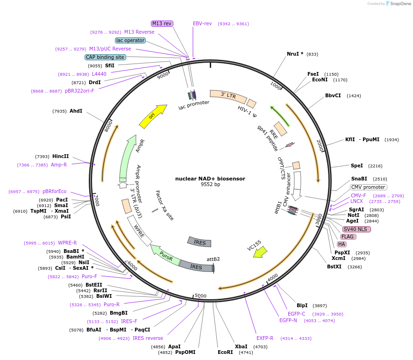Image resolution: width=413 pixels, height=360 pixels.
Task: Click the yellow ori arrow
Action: (x=153, y=115)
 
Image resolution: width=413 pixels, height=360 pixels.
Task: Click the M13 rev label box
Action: (x=162, y=23)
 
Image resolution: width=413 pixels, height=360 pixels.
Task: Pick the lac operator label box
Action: (x=130, y=40)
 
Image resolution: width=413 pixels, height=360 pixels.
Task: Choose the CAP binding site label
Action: (x=105, y=57)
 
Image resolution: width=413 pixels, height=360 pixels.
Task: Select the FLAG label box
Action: (x=348, y=237)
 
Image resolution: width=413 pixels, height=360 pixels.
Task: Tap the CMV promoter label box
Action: (x=368, y=187)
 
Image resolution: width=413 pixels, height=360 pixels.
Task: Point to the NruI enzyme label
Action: (x=295, y=54)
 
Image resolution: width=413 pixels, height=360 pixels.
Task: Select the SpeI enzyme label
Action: (x=356, y=166)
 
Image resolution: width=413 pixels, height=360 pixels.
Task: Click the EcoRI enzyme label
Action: (x=225, y=352)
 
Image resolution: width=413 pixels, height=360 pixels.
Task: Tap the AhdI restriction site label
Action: (x=76, y=111)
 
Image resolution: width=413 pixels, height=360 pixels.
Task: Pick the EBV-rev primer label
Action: (x=202, y=23)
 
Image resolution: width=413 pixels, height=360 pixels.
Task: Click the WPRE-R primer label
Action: (x=67, y=243)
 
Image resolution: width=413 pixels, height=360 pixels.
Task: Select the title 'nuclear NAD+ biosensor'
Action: (x=210, y=179)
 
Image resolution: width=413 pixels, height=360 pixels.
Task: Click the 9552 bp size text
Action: (x=210, y=185)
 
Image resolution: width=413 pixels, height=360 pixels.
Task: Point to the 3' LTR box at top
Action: (x=228, y=95)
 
